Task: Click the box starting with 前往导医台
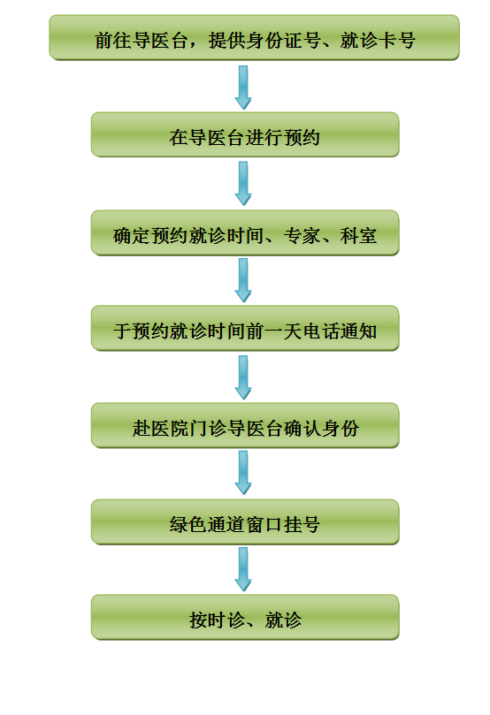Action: pos(254,37)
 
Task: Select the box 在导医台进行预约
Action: pos(245,135)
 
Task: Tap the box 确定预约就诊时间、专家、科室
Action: pos(245,233)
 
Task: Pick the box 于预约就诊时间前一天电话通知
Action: pos(245,328)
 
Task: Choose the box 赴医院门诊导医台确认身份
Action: pos(245,425)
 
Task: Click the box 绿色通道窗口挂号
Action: pos(245,522)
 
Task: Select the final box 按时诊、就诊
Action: pos(245,618)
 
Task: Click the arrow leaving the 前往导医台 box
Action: pos(243,87)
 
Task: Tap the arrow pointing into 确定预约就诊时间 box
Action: pos(243,184)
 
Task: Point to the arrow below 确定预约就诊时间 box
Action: pos(243,280)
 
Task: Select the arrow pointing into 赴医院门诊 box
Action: pos(243,378)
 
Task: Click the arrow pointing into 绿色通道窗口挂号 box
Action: pos(243,474)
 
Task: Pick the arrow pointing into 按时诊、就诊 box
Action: pos(243,570)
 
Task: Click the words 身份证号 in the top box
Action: pos(283,40)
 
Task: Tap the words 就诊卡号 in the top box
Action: pos(378,40)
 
